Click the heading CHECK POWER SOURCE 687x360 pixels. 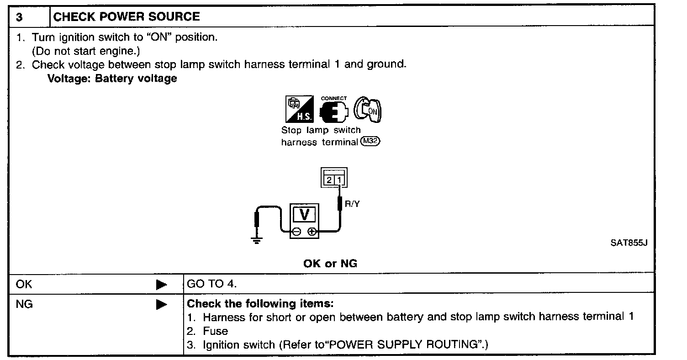tap(127, 17)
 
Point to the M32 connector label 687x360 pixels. tap(370, 142)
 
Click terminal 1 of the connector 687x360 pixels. tap(339, 180)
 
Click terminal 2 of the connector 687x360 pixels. tap(329, 180)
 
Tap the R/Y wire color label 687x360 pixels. tap(352, 204)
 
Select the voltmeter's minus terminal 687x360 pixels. tap(296, 232)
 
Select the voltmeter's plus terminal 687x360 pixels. tap(312, 232)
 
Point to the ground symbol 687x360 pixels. tap(257, 241)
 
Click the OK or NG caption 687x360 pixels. tap(330, 264)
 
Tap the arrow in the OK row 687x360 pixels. tap(161, 285)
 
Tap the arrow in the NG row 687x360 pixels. tap(161, 304)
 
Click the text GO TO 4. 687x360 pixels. tap(212, 284)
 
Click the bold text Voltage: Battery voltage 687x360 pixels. tap(112, 78)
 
